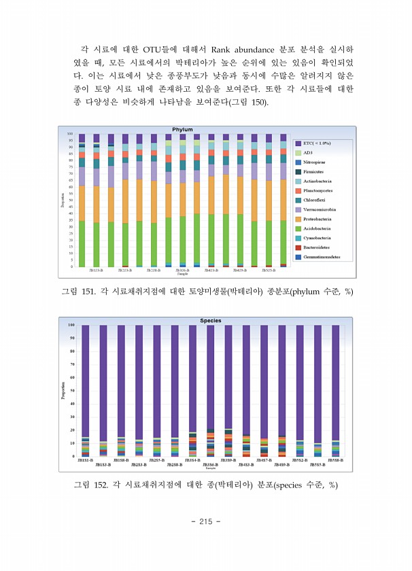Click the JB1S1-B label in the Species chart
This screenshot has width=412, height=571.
85,460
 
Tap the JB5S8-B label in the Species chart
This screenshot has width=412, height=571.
334,460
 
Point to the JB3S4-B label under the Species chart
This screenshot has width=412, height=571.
192,460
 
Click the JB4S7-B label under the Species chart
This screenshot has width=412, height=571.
263,460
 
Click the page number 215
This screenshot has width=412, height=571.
205,521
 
